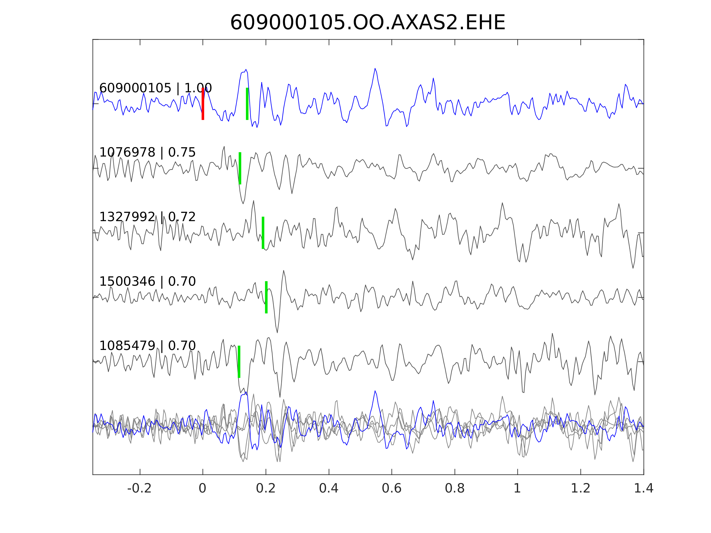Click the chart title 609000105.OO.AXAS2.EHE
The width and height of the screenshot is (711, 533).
click(x=368, y=23)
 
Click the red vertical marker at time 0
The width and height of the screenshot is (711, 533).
click(x=203, y=104)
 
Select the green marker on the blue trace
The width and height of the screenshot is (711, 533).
click(x=247, y=104)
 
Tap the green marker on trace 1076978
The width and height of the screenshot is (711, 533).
click(x=240, y=168)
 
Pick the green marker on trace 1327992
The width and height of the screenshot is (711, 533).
click(x=263, y=233)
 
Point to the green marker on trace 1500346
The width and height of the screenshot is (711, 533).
click(x=266, y=297)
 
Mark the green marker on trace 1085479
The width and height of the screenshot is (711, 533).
click(x=239, y=362)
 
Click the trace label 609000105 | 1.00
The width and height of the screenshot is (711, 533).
click(x=155, y=88)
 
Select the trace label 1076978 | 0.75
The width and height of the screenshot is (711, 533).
click(x=147, y=152)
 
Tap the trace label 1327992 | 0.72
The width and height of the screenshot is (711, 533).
click(x=147, y=217)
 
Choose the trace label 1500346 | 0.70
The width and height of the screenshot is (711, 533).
click(x=147, y=281)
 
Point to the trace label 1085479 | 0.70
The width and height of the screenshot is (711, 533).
click(x=147, y=346)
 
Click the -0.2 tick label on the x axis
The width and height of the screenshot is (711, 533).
click(x=139, y=488)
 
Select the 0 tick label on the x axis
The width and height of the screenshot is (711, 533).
click(x=202, y=488)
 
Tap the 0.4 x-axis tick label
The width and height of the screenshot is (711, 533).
click(x=329, y=488)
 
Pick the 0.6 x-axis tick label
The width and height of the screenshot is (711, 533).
click(x=392, y=488)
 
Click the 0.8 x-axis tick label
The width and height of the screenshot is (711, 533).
click(x=454, y=488)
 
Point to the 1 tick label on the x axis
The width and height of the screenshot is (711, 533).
click(x=517, y=488)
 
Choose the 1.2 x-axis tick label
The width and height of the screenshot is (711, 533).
click(x=581, y=488)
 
